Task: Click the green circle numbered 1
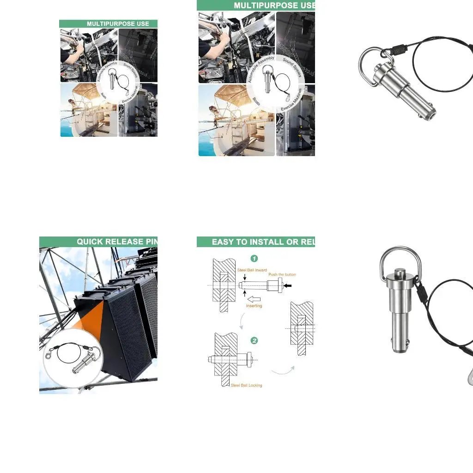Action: [x=254, y=259]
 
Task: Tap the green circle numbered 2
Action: [x=254, y=341]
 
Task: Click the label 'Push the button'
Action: [x=282, y=275]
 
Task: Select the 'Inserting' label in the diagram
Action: [x=254, y=306]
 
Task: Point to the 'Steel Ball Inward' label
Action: [x=252, y=270]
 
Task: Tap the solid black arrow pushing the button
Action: [x=288, y=286]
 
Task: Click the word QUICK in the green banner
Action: [x=91, y=242]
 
